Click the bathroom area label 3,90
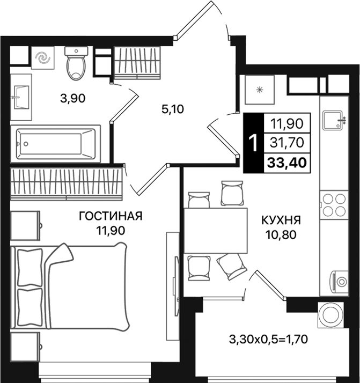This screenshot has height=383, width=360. coord(72,98)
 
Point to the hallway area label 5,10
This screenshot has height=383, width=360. coord(172,109)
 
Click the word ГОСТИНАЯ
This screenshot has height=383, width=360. coord(110,216)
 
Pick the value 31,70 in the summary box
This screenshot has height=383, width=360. coord(287,142)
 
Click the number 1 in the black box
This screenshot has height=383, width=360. coord(253,143)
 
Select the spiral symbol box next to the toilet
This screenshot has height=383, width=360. coord(41,58)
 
